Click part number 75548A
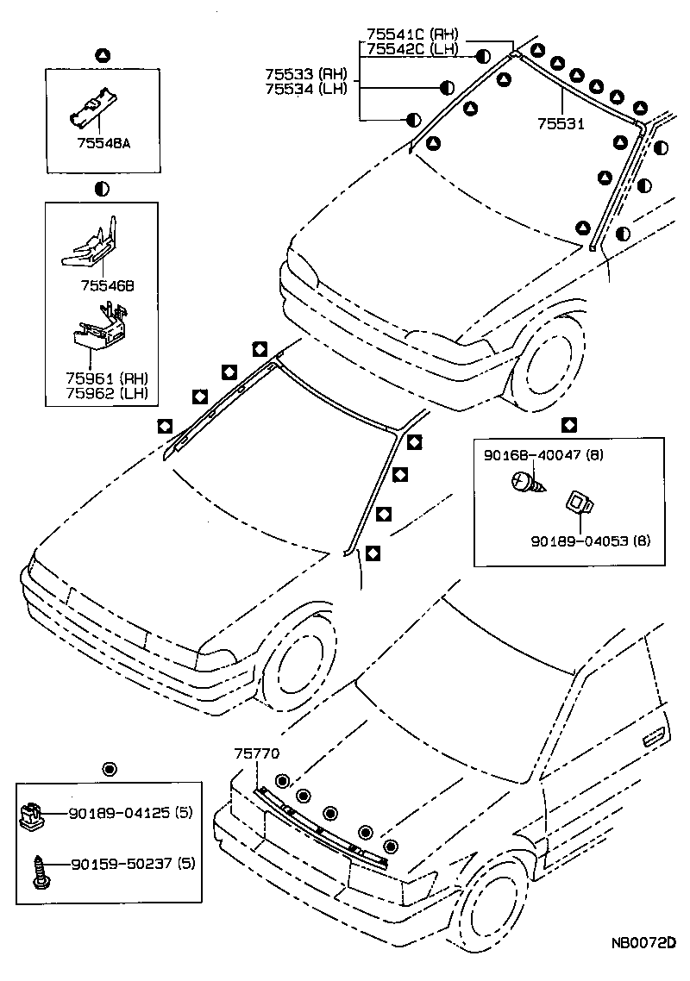tap(102, 144)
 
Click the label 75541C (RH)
tap(412, 34)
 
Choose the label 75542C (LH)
tap(412, 49)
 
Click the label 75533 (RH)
tap(305, 73)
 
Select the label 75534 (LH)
tap(305, 89)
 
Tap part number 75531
tap(561, 124)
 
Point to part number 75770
tap(256, 753)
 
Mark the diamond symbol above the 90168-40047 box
tap(569, 424)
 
